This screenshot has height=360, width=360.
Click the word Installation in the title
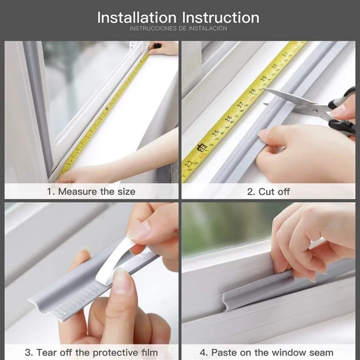(x=137, y=18)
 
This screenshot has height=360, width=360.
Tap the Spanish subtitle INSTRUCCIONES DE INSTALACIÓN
(x=178, y=28)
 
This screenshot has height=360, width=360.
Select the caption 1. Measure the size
(x=91, y=192)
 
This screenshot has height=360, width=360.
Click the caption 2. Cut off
(x=268, y=192)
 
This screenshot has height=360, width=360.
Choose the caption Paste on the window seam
(x=272, y=352)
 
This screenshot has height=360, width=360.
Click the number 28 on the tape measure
(x=252, y=91)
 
